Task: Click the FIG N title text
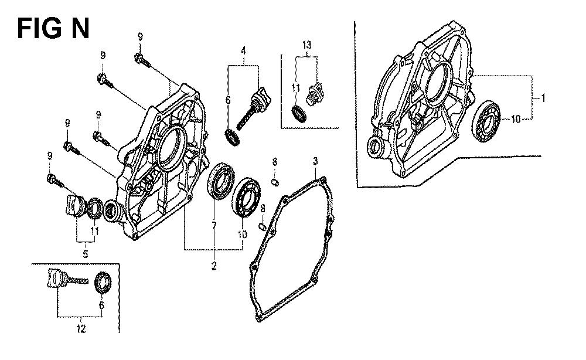point(53,29)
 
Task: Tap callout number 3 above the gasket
point(315,161)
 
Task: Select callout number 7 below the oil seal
point(214,225)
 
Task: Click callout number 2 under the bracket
point(214,266)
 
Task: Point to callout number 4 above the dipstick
point(243,50)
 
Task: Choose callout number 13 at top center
point(306,45)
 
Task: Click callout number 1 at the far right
point(543,98)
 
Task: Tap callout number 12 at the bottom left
point(81,328)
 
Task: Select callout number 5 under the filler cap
point(86,254)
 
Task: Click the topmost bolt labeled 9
point(142,62)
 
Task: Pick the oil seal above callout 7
point(221,179)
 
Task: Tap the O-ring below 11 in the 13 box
point(299,114)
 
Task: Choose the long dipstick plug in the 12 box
point(67,279)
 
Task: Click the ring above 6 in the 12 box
point(103,284)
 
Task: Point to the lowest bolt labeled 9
point(56,181)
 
